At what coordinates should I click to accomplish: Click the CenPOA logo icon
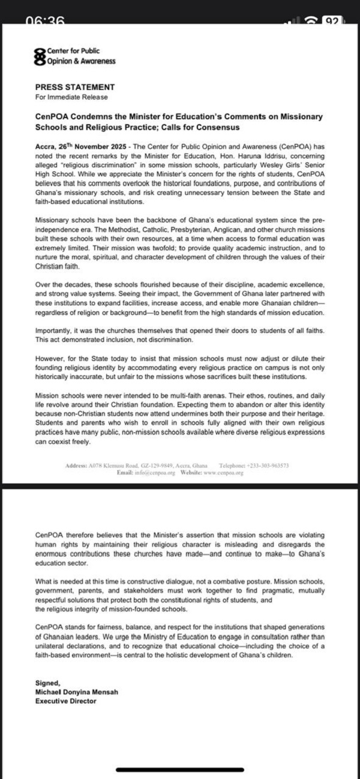[x=40, y=56]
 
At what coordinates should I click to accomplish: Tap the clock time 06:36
[x=46, y=20]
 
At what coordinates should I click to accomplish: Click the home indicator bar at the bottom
[x=179, y=769]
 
